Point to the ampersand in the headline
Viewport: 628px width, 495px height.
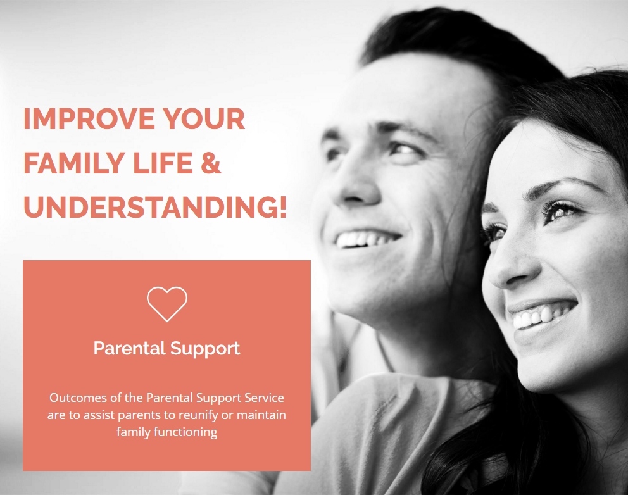click(211, 163)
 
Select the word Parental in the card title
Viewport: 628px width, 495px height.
click(130, 348)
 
